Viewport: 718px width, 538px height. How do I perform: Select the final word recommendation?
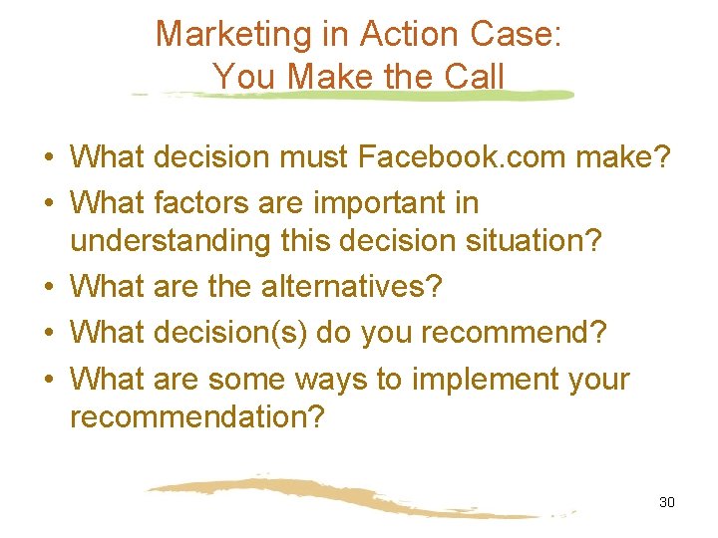(197, 416)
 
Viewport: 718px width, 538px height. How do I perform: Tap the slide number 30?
(667, 502)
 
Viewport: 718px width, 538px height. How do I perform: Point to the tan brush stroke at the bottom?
(349, 497)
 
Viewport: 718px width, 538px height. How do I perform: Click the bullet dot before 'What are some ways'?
(48, 381)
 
